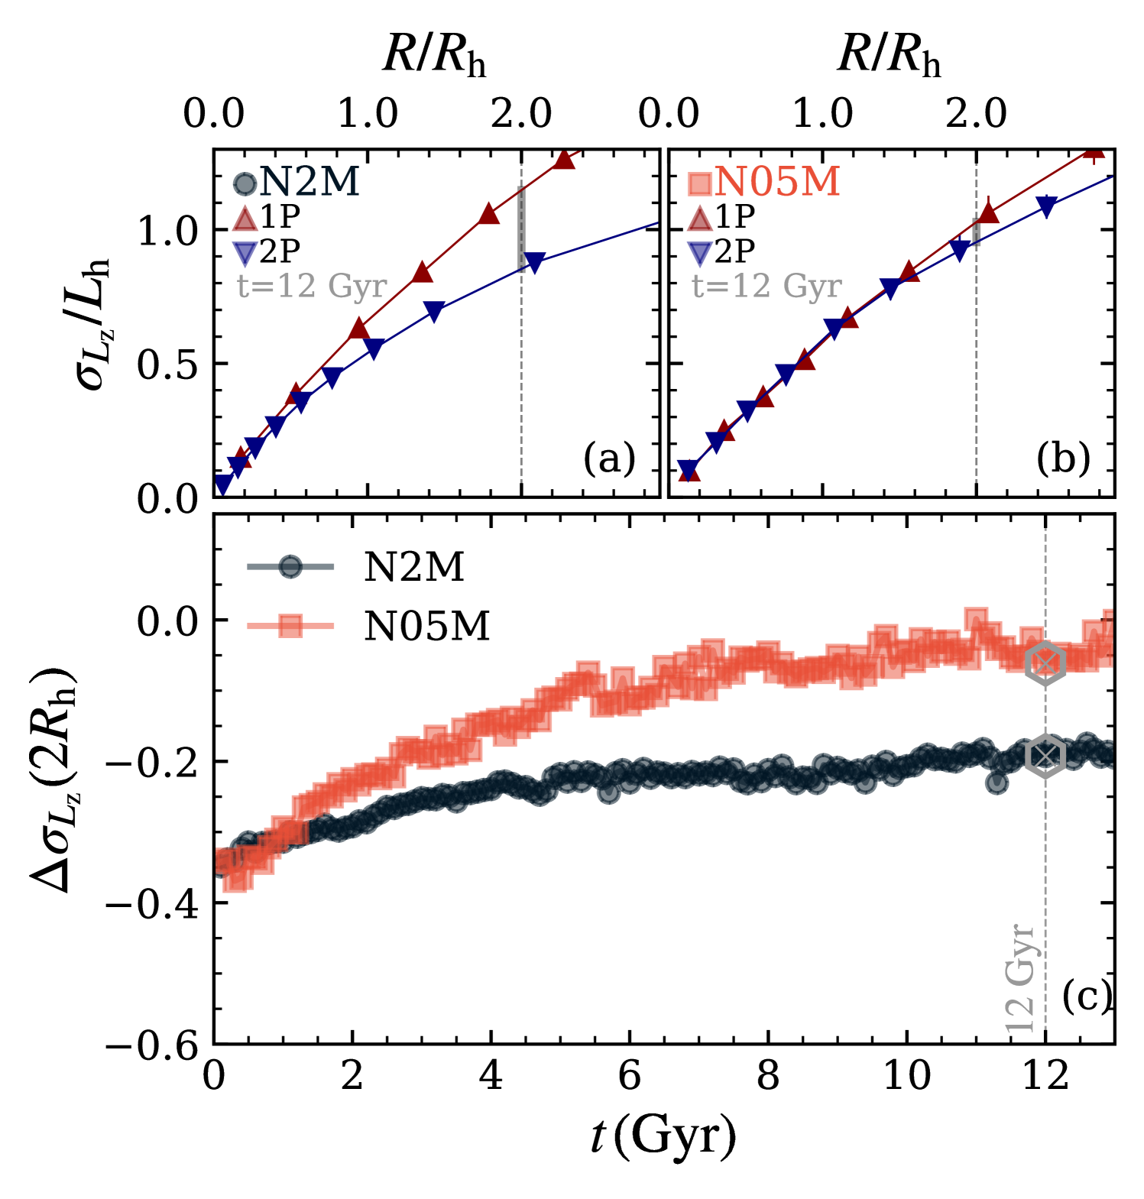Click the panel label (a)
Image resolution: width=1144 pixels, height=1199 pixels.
click(609, 459)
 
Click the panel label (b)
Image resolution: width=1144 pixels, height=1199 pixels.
click(1063, 459)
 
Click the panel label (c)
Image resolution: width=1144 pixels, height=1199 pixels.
click(1086, 996)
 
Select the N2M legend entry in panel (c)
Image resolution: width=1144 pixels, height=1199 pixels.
click(413, 567)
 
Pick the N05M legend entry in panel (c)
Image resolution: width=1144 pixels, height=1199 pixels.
click(426, 627)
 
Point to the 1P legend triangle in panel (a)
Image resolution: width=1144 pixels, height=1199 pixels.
click(245, 219)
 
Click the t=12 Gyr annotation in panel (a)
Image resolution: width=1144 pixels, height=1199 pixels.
click(312, 287)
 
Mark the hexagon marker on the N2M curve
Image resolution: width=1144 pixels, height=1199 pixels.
click(1045, 756)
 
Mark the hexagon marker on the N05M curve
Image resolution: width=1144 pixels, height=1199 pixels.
click(1045, 663)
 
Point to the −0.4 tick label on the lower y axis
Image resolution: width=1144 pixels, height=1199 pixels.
click(152, 903)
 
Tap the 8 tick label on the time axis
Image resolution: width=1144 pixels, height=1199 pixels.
click(767, 1077)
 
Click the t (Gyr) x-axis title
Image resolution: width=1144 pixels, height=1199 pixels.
click(663, 1136)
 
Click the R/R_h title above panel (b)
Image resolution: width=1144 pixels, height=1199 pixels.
click(889, 56)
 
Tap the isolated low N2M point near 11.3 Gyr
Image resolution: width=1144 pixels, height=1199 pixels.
click(997, 783)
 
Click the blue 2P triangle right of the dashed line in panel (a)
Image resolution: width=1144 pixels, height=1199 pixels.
click(534, 261)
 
